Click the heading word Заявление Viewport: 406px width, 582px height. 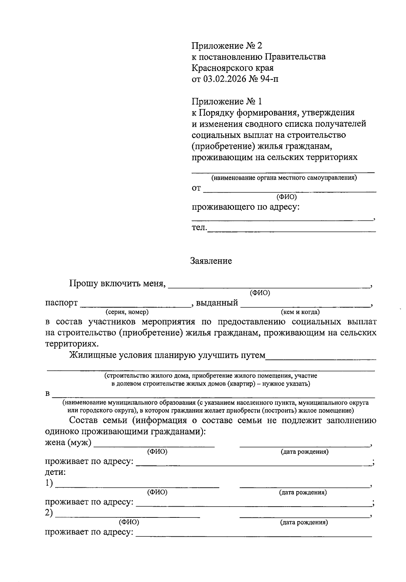(211, 261)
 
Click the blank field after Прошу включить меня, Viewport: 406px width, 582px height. (269, 286)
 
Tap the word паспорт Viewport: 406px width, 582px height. (62, 303)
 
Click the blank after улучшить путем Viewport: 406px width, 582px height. (321, 357)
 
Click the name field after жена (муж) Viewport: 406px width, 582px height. (154, 445)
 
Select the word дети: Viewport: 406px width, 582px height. (55, 472)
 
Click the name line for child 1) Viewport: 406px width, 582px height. (137, 486)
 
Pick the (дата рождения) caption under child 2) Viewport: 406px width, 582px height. (304, 523)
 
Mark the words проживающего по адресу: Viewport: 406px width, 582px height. (246, 207)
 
